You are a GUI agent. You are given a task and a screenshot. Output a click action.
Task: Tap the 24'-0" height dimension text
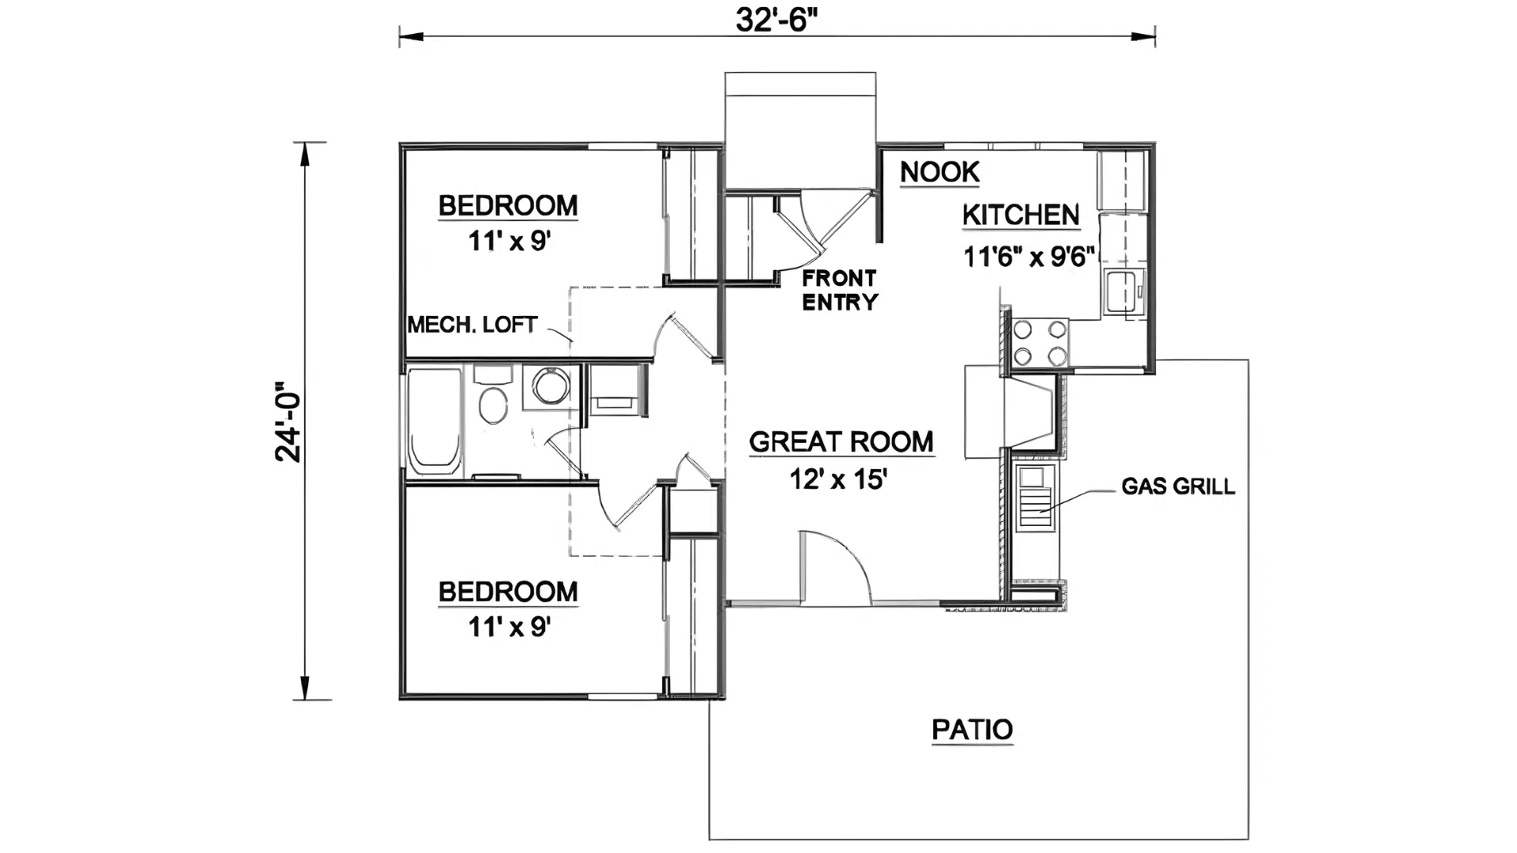[289, 423]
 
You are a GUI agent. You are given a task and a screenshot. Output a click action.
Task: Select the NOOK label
[939, 171]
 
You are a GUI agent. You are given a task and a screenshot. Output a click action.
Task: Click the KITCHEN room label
[1021, 215]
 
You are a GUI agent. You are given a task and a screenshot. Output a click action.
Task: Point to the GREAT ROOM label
[841, 442]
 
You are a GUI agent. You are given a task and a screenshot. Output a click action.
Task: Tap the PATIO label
[972, 729]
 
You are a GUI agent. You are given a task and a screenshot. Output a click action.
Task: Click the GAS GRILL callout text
[1177, 486]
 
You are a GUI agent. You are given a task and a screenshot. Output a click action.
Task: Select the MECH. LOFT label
[472, 325]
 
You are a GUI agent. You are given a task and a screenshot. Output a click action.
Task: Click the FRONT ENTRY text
[839, 290]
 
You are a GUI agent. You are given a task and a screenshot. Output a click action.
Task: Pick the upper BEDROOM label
[508, 205]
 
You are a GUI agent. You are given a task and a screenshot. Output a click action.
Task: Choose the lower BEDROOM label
[508, 592]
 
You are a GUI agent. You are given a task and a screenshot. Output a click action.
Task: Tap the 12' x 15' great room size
[838, 479]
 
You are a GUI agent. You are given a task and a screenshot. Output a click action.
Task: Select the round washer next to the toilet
[551, 386]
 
